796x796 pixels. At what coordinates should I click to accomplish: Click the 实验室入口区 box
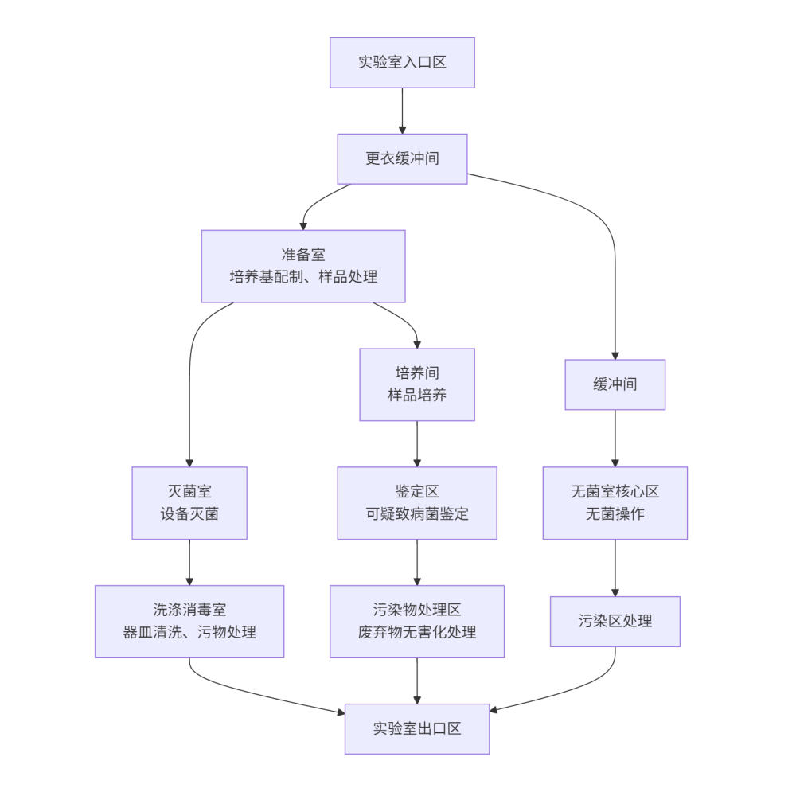[402, 62]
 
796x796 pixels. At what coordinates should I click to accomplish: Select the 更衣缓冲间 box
[402, 158]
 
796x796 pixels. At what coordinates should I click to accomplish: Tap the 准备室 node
[302, 266]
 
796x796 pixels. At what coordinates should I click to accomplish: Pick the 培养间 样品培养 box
[416, 384]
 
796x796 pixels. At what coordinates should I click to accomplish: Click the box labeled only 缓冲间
[615, 384]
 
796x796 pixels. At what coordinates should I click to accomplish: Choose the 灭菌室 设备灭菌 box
[189, 502]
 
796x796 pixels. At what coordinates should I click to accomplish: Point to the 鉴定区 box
[416, 502]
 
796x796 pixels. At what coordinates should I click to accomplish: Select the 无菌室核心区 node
[615, 502]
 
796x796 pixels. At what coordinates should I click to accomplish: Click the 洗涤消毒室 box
[189, 621]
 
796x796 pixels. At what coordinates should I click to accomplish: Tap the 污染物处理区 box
[416, 621]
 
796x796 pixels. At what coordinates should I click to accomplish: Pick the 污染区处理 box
[615, 621]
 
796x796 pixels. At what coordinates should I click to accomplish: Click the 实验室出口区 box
[416, 728]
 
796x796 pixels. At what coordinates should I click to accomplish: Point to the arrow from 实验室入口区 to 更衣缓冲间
[402, 111]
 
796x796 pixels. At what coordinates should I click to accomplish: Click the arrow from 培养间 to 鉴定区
[417, 443]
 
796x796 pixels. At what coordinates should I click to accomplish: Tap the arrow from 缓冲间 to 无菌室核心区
[615, 438]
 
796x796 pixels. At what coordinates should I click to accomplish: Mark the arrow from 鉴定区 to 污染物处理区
[417, 562]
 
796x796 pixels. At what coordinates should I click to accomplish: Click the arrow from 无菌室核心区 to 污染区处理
[615, 568]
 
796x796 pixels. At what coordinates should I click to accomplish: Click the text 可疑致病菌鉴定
[416, 513]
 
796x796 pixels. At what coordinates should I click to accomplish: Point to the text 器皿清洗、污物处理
[189, 632]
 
